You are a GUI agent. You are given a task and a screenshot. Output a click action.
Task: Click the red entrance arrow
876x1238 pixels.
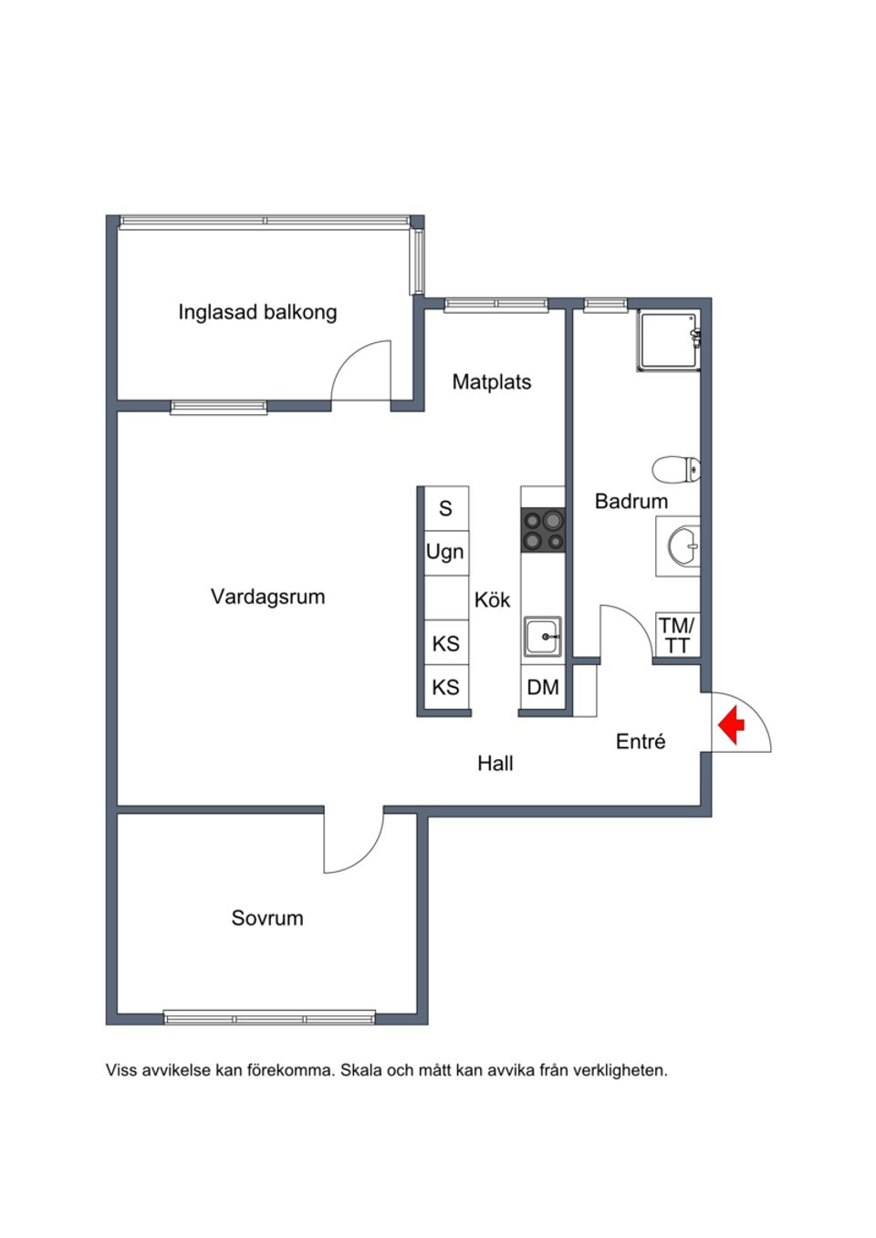[731, 726]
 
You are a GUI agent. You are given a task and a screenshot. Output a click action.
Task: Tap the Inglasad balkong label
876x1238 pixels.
[257, 312]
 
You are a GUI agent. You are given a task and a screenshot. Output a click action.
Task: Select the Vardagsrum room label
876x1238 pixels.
[267, 597]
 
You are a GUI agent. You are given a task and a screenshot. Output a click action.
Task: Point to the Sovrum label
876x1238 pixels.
[266, 918]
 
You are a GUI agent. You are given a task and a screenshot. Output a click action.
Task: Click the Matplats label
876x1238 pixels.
[491, 381]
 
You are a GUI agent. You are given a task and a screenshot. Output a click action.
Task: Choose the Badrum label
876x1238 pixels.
[631, 501]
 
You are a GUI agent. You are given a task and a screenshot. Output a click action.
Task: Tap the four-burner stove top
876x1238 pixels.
[542, 531]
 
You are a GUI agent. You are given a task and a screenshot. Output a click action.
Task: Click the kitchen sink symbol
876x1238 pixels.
[543, 635]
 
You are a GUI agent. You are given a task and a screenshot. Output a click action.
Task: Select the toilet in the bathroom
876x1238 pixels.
[676, 470]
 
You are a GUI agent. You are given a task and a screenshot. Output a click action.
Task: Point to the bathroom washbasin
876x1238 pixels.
[681, 547]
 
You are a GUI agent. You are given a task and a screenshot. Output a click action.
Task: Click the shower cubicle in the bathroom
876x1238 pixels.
[668, 341]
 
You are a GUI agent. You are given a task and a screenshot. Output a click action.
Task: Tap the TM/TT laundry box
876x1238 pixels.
[677, 635]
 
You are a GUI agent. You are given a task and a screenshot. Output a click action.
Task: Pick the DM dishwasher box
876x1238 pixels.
[543, 687]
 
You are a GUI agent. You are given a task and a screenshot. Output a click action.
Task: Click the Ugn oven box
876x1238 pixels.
[445, 552]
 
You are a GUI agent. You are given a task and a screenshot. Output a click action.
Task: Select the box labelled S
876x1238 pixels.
[445, 508]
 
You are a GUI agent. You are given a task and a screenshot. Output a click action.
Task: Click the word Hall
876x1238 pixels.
[495, 764]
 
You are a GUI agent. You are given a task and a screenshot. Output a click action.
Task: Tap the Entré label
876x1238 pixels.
[641, 742]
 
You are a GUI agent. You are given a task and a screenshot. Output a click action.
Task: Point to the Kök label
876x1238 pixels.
[493, 600]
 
